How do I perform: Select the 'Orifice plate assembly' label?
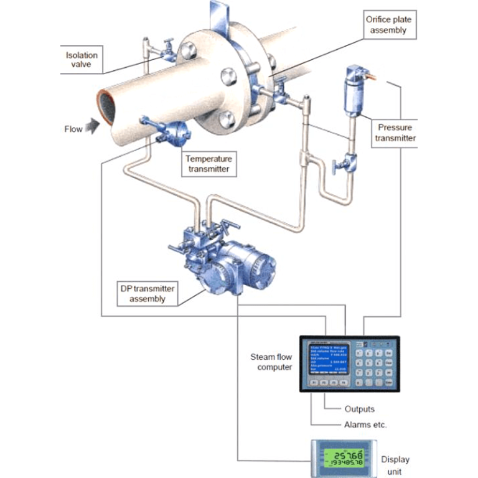(388, 24)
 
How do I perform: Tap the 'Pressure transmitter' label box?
(395, 133)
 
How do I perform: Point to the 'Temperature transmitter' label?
(208, 164)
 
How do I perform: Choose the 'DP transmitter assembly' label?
(148, 293)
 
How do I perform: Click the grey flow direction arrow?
(92, 128)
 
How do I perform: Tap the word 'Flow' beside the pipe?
(73, 129)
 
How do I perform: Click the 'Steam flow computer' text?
(271, 362)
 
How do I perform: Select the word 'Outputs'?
(360, 409)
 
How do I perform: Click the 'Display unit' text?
(395, 464)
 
